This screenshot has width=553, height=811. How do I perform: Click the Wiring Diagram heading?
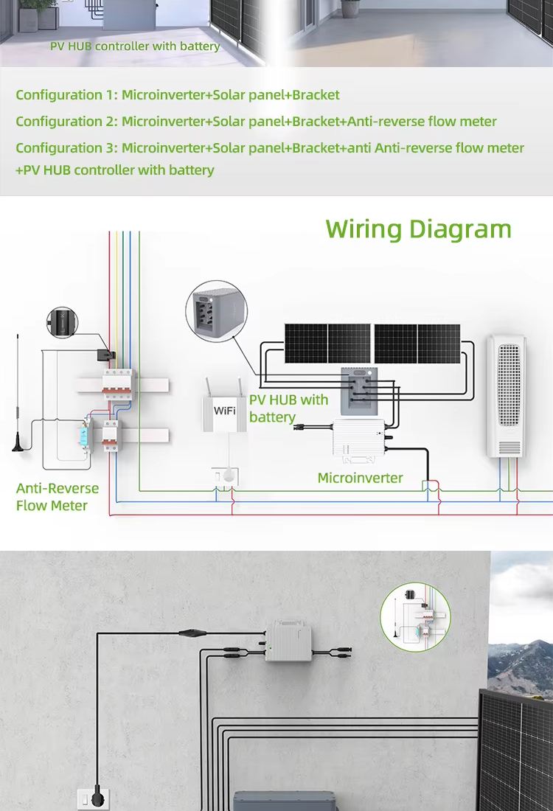(419, 229)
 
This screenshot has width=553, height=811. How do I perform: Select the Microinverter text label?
(360, 478)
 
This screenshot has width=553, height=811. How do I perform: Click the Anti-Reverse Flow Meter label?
(58, 497)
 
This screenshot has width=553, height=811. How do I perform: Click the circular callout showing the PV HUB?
(216, 311)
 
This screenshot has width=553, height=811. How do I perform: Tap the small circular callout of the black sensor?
(62, 322)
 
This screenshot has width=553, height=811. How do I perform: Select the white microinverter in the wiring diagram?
(358, 438)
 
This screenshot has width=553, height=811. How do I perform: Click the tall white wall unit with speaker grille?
(507, 396)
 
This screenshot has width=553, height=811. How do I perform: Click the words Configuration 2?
(66, 122)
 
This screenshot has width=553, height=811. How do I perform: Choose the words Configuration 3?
(66, 148)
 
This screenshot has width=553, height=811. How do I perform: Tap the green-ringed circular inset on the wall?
(415, 617)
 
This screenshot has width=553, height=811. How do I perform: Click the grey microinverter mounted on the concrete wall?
(288, 641)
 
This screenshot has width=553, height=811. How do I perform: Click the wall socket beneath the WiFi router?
(226, 476)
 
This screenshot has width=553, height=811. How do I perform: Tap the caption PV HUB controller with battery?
(135, 46)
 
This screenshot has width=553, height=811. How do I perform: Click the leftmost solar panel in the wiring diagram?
(306, 344)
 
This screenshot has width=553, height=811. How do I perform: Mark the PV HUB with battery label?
(288, 408)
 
